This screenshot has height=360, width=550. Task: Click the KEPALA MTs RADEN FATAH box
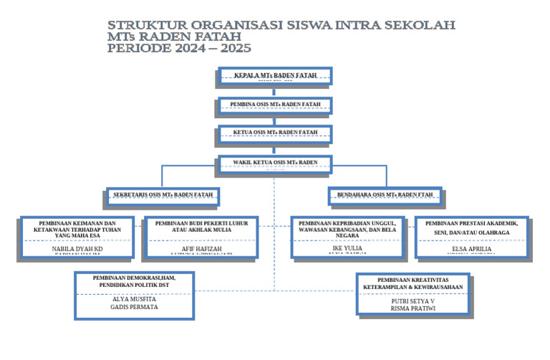click(x=276, y=75)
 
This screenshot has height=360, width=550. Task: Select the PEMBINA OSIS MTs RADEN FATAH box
click(x=275, y=105)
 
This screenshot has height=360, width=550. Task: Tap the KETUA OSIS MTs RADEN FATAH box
click(x=275, y=134)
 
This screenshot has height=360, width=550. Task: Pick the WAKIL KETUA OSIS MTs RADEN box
click(x=275, y=164)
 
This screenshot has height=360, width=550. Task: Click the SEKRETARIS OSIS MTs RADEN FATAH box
click(x=163, y=195)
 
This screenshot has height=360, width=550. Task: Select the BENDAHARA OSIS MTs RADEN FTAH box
click(x=385, y=195)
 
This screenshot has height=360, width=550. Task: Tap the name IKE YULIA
click(x=347, y=248)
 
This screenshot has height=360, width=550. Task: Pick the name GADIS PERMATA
click(x=134, y=307)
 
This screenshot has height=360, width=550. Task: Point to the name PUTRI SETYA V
click(x=413, y=302)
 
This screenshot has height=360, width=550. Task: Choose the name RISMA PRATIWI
click(x=413, y=310)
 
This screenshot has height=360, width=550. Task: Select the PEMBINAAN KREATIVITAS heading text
click(x=413, y=279)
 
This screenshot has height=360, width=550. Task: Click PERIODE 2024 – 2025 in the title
click(x=179, y=49)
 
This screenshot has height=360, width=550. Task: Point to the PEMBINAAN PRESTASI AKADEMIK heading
click(x=471, y=223)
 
